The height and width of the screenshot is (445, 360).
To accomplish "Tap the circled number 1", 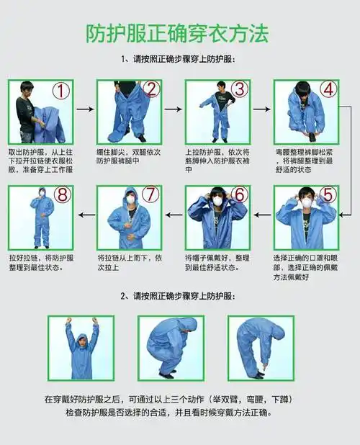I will (62, 91).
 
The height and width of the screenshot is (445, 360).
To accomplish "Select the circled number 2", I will (150, 89).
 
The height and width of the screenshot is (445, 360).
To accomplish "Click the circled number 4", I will (328, 89).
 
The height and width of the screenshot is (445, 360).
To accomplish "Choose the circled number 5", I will (328, 195).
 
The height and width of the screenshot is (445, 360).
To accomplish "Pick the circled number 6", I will (240, 195).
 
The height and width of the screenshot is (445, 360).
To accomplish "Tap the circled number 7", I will (150, 195).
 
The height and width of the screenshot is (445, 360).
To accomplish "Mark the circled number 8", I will (62, 195).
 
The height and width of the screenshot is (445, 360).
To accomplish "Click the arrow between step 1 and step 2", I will (85, 109).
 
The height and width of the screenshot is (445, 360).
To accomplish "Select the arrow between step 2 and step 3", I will (174, 109).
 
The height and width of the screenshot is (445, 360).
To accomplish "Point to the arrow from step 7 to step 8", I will (86, 214).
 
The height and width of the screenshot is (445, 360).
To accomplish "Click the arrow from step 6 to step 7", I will (174, 214).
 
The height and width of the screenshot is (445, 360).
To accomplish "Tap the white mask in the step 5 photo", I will (307, 204).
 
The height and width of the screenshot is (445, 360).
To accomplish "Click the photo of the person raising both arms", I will (81, 348).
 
